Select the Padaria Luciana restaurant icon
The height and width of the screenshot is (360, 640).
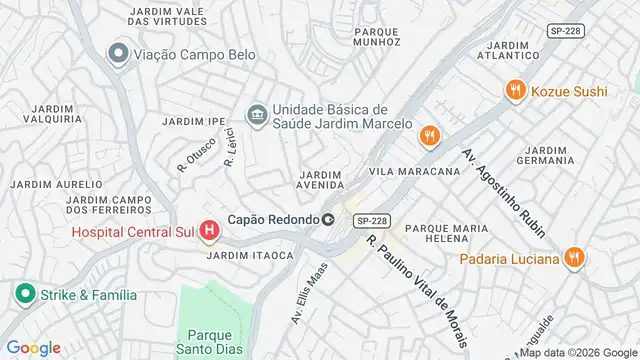pos(573,258)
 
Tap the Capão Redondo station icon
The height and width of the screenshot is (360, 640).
pos(327,220)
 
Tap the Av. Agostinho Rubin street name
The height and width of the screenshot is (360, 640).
pos(503,193)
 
